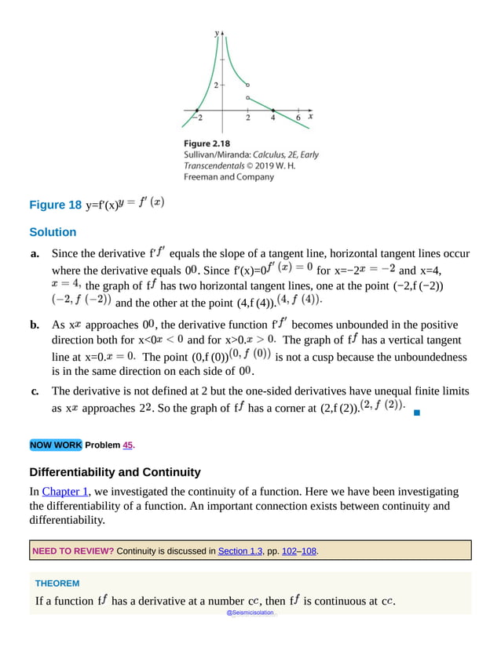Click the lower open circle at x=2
click(x=248, y=97)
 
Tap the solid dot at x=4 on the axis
click(x=273, y=110)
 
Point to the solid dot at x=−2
click(x=197, y=110)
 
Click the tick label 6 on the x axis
click(x=298, y=118)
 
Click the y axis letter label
click(x=216, y=33)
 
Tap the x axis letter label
click(x=311, y=116)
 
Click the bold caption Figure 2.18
click(x=207, y=144)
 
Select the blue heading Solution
click(x=53, y=232)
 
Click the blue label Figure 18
click(x=55, y=205)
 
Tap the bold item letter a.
click(x=35, y=254)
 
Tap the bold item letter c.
click(x=34, y=391)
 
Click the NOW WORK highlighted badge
click(x=55, y=445)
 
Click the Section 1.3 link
click(x=240, y=551)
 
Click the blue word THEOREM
click(x=57, y=583)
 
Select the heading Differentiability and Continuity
click(x=115, y=472)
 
